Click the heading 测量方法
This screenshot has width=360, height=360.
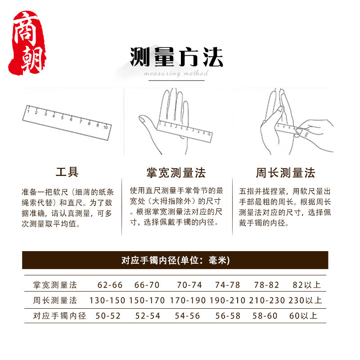pos(176,58)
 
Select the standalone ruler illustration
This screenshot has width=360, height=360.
pos(67,118)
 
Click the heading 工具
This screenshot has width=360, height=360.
pos(67,172)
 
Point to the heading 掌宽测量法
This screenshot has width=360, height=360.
pos(176,173)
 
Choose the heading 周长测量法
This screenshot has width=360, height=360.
pos(285,173)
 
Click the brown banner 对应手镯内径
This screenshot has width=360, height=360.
pos(175,260)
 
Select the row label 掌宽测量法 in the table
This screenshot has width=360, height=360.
pos(55,285)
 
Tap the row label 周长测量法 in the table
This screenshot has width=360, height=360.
pos(55,300)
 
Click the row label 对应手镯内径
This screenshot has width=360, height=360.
pos(59,315)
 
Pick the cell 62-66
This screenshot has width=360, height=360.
pos(110,285)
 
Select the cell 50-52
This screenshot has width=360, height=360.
pos(108,315)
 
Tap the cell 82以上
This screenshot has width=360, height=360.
pos(306,285)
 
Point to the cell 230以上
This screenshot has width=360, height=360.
pos(306,300)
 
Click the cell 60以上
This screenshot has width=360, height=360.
pos(303,315)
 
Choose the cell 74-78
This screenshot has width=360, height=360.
pos(228,285)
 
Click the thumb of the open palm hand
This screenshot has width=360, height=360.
pos(146,121)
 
